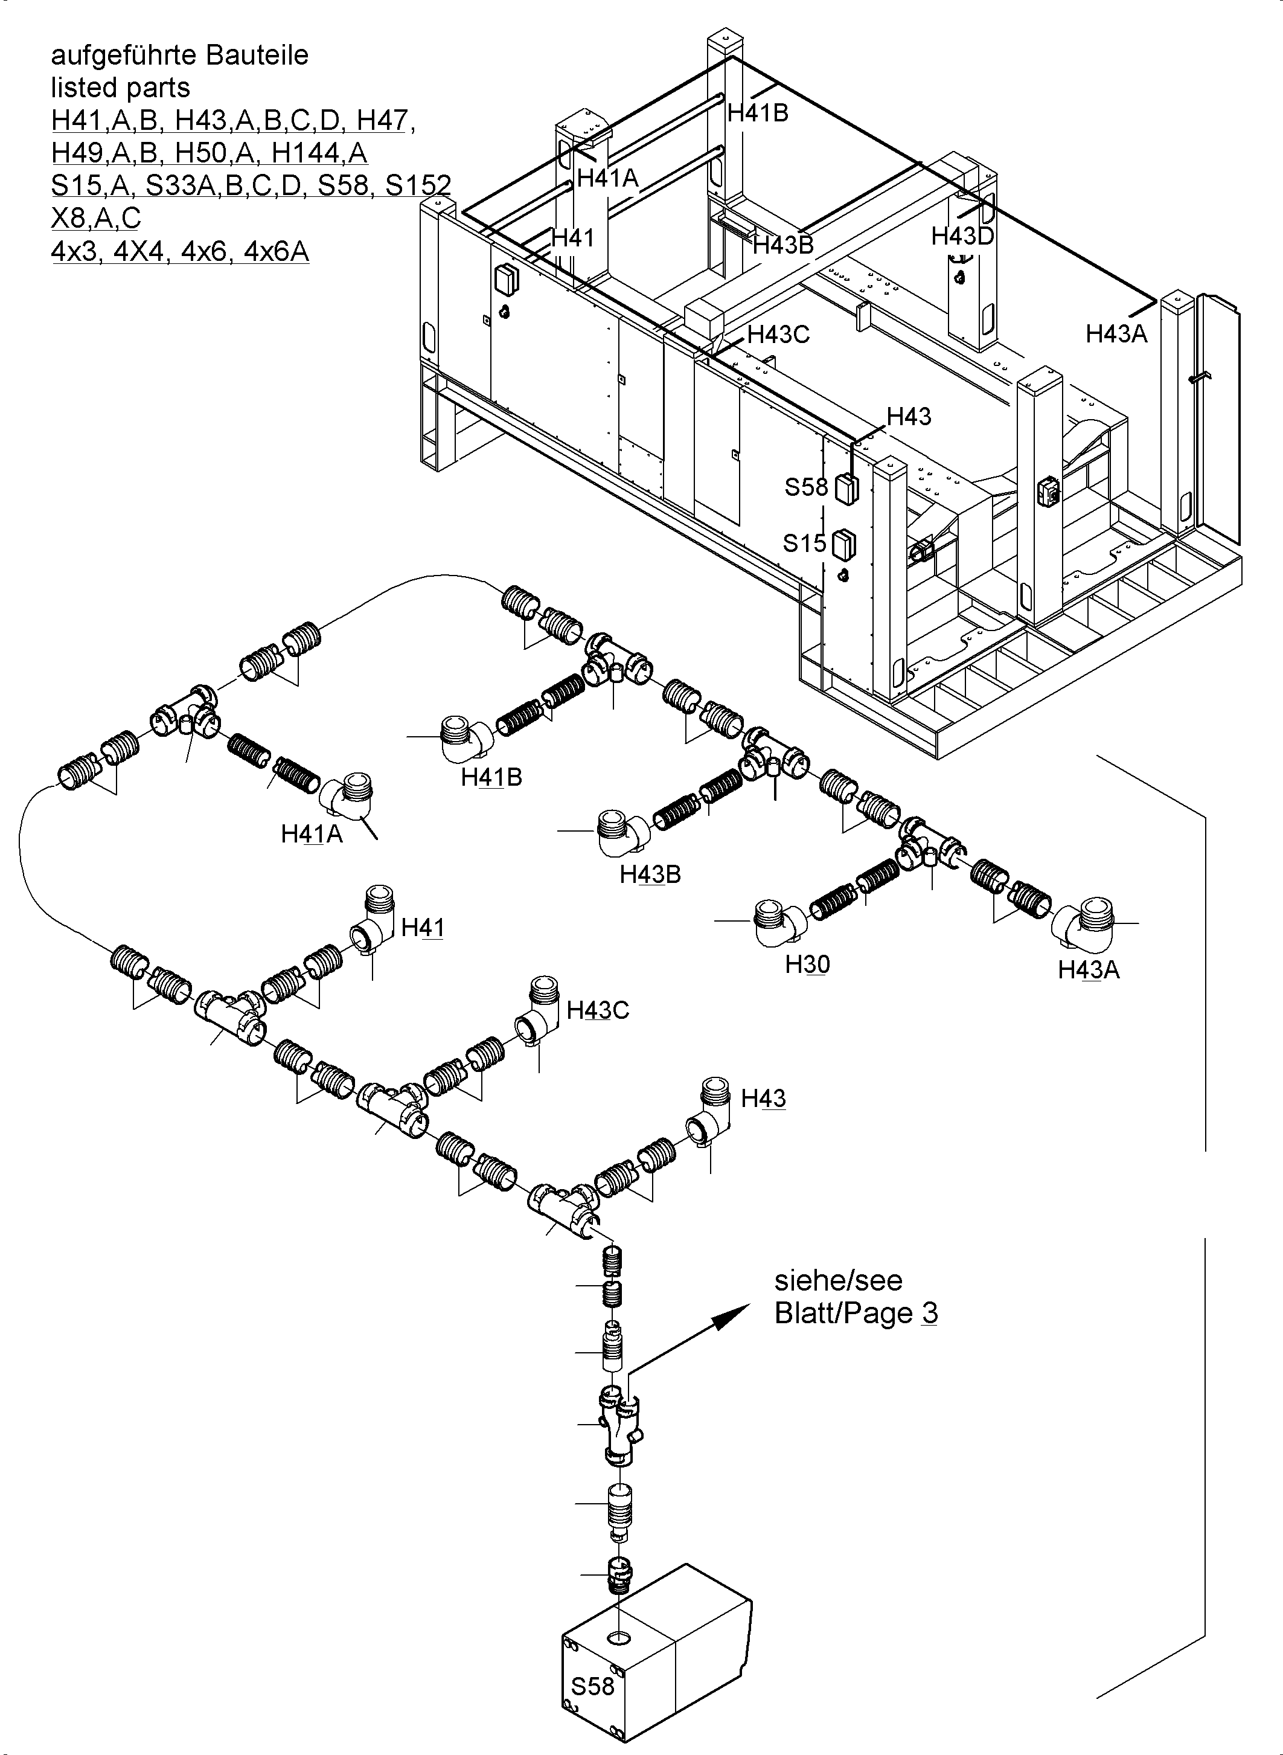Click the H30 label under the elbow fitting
807,964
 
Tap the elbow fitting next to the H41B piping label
466,737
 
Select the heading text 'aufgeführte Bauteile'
179,55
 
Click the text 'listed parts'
120,88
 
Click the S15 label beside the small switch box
804,543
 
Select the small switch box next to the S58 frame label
846,489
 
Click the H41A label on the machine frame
607,179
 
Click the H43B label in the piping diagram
650,874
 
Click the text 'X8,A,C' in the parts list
95,218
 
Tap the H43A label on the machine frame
1115,334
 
